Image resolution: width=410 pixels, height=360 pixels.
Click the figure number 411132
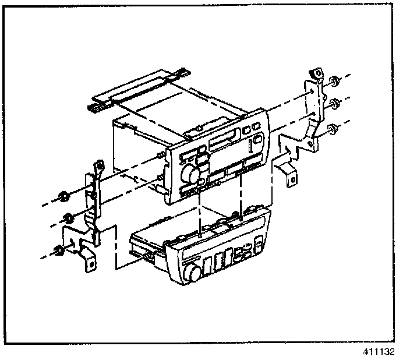(380, 352)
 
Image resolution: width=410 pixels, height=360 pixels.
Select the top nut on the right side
(334, 81)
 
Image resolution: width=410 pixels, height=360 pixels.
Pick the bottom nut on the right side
(331, 129)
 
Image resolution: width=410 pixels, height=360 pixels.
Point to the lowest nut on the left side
(59, 252)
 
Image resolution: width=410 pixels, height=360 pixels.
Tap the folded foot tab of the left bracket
(89, 260)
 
